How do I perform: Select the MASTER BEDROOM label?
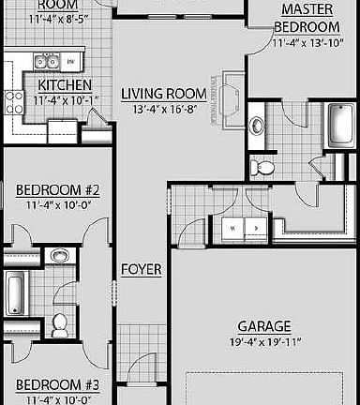[307, 18]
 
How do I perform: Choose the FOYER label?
[141, 270]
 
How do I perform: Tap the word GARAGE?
[263, 325]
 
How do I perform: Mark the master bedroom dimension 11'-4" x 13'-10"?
[307, 43]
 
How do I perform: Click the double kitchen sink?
[44, 63]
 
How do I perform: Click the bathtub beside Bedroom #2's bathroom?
[15, 292]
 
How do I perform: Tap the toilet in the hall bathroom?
[60, 323]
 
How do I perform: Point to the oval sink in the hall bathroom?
[59, 255]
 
